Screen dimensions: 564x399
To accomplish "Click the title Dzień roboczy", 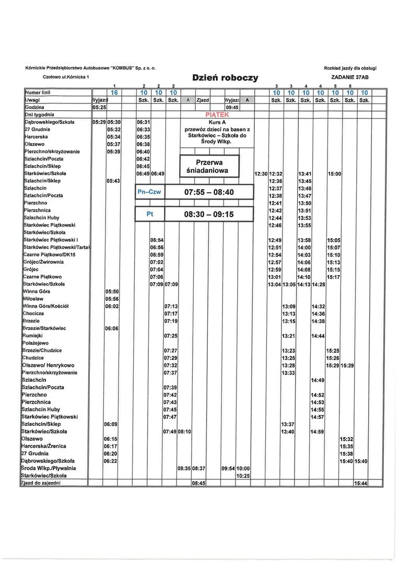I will click(x=225, y=78).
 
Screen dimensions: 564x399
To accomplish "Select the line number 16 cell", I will click(x=114, y=92).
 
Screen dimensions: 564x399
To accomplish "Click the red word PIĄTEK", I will click(x=216, y=114).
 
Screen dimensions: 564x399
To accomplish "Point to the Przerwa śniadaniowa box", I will click(x=209, y=167).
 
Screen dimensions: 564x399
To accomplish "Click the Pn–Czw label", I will click(x=149, y=192).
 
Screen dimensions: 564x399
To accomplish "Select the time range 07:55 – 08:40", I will click(x=209, y=192).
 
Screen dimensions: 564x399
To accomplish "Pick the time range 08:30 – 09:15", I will click(x=209, y=214).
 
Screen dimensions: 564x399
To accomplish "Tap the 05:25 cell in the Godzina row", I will click(x=99, y=107).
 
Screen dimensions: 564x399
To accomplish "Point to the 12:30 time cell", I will click(x=261, y=173).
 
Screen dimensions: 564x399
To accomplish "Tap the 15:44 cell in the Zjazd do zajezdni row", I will click(x=361, y=484).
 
